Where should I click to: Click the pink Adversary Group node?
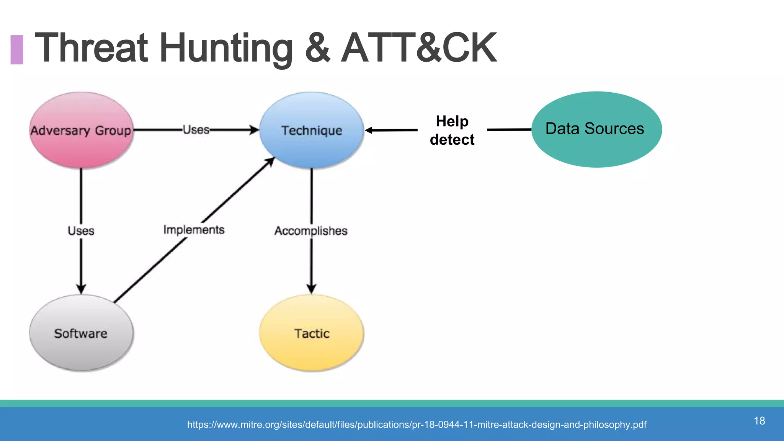tap(81, 130)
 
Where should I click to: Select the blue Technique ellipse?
tap(312, 130)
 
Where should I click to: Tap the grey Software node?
tap(81, 333)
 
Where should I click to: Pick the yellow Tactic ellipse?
tap(312, 333)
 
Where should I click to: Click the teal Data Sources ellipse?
tap(596, 129)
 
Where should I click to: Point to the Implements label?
tap(194, 230)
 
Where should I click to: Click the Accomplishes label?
tap(311, 231)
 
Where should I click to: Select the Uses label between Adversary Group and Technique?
tap(196, 130)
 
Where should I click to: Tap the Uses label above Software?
tap(81, 231)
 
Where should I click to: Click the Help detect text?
tap(452, 131)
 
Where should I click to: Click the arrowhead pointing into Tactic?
tap(311, 289)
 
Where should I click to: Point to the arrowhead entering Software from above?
tap(81, 289)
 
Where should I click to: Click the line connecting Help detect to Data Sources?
tap(509, 130)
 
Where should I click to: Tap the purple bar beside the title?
tap(17, 49)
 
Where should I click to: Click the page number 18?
tap(759, 421)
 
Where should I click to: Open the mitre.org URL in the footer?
tap(416, 425)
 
